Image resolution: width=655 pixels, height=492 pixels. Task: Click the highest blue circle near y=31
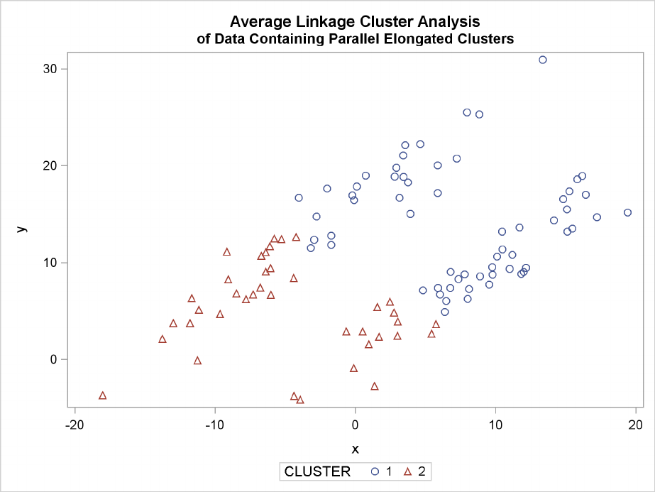pyautogui.click(x=543, y=60)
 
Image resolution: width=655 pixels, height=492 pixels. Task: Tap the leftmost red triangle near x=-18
pyautogui.click(x=102, y=395)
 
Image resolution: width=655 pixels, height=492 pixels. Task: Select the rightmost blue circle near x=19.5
pyautogui.click(x=627, y=212)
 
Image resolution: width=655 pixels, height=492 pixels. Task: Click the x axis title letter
pyautogui.click(x=355, y=449)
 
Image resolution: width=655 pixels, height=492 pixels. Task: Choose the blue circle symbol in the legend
pyautogui.click(x=375, y=471)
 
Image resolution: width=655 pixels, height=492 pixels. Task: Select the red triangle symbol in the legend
pyautogui.click(x=409, y=471)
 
